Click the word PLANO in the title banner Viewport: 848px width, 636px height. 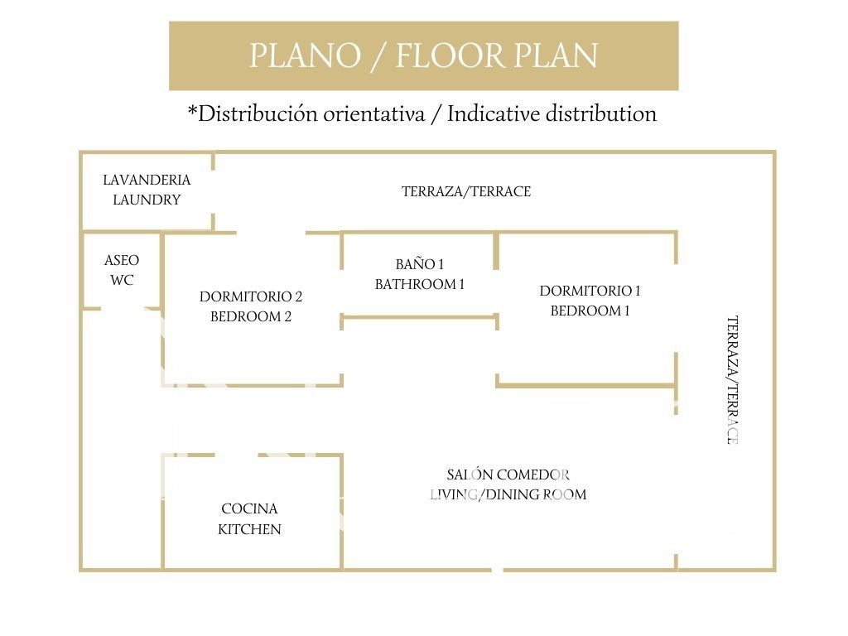coord(304,56)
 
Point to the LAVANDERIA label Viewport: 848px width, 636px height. coord(147,180)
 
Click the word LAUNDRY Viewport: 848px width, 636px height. coord(147,200)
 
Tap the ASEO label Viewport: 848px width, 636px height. coord(122,260)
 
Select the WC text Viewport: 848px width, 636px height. coord(122,280)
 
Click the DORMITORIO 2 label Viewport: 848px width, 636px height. coord(251,296)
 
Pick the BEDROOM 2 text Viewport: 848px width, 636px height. coord(251,316)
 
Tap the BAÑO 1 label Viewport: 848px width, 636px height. coord(420,264)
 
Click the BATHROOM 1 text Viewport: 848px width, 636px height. coord(420,284)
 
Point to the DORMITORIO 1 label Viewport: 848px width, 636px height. coord(590,291)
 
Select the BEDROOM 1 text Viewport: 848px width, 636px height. coord(590,311)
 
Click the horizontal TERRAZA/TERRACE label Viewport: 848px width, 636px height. coord(466,191)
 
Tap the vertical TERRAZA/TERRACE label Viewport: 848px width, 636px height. coord(732,380)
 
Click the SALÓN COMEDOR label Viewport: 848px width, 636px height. coord(508,475)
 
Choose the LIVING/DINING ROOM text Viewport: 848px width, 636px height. coord(508,494)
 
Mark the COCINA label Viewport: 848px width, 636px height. coord(249,508)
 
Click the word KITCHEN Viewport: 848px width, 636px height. coord(249,529)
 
